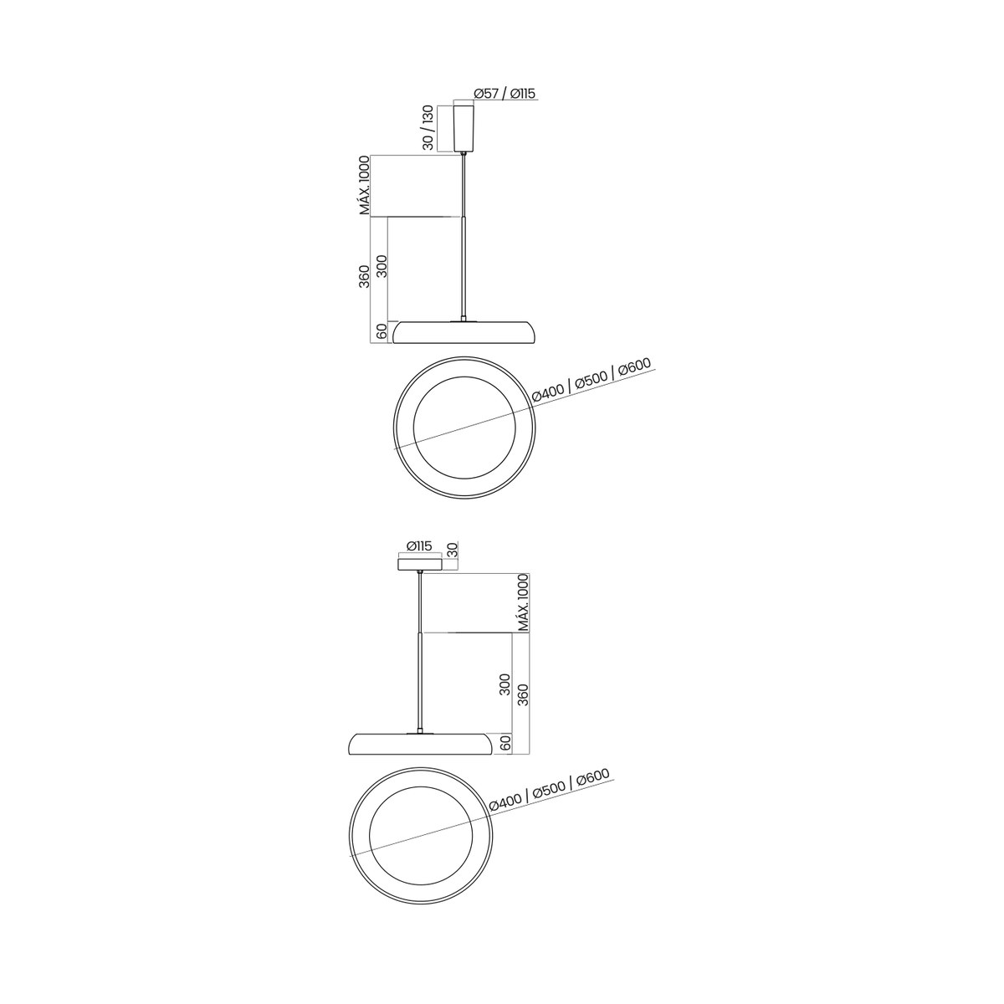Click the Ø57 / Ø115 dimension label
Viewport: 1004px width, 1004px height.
(505, 93)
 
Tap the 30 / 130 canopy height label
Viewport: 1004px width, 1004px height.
(428, 128)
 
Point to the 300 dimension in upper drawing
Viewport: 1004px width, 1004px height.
(382, 266)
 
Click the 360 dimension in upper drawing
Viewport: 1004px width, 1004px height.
(364, 276)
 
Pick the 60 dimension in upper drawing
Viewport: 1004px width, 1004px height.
(382, 331)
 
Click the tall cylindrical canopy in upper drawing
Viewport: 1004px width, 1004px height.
(464, 128)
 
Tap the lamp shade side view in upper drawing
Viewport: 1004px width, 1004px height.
(464, 333)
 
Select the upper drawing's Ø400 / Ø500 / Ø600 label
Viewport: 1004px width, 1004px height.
(592, 381)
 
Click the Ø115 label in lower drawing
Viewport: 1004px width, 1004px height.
(419, 546)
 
